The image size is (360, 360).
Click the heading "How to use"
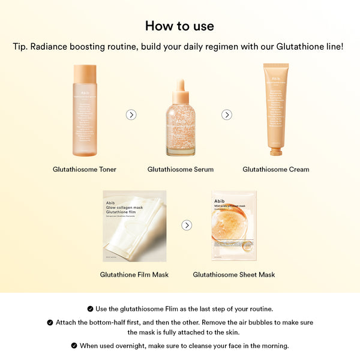pos(179,26)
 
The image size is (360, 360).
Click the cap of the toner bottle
pos(85,73)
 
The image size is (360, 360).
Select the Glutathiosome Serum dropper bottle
pos(181,123)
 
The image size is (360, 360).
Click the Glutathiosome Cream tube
pos(275,105)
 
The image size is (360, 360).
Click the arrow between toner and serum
pos(131,115)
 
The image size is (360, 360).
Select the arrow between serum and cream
pos(227,115)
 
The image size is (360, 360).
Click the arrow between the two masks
pos(187,225)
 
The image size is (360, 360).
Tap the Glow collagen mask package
pos(134,226)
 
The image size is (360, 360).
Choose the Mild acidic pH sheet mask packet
pos(234,226)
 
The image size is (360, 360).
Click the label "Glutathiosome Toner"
pos(85,169)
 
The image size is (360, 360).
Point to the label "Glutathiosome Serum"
pos(181,169)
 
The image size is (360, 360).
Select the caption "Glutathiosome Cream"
pos(276,169)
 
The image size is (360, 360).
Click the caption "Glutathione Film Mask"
pos(134,275)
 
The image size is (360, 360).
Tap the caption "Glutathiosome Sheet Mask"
pos(234,275)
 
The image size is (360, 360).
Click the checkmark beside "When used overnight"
pos(74,346)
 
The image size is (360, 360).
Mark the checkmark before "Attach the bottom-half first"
pos(50,322)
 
